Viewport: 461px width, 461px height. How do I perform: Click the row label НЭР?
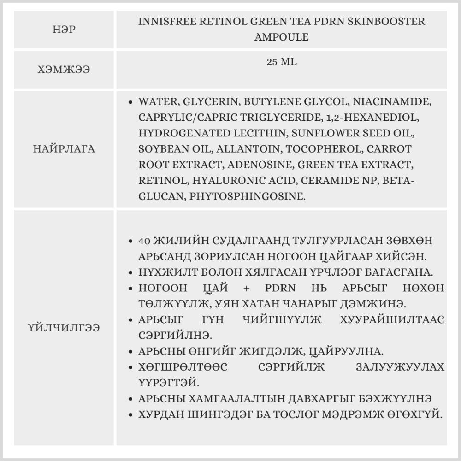[x=65, y=30]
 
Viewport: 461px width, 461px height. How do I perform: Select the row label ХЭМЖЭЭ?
[x=65, y=70]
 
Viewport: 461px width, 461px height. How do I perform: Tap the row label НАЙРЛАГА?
[x=65, y=149]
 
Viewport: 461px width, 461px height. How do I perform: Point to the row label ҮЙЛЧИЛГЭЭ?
[x=65, y=328]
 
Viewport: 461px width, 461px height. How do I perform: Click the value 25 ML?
[x=281, y=62]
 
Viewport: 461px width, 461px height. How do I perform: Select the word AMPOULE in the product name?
[x=281, y=37]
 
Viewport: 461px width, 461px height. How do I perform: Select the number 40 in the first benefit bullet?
[x=144, y=241]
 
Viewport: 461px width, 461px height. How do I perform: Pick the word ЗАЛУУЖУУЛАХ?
[x=400, y=367]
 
